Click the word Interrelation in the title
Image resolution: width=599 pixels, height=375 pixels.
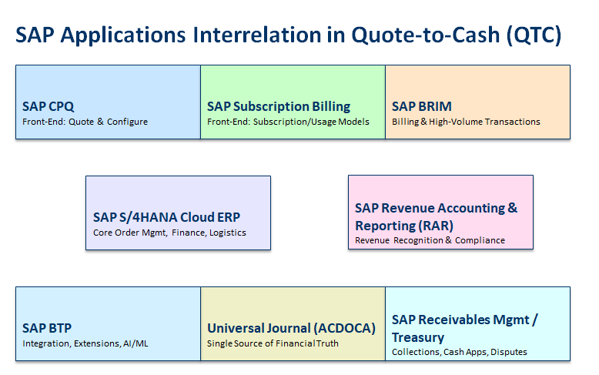point(257,35)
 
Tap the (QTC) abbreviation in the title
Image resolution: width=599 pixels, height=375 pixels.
point(534,35)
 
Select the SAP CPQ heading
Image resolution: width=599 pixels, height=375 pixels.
point(49,106)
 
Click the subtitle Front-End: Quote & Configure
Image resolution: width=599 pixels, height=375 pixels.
point(85,122)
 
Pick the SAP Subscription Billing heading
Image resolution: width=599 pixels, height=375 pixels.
point(279,106)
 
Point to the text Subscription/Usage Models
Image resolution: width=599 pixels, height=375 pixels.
point(311,122)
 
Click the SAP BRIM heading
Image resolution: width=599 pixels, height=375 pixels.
point(422,106)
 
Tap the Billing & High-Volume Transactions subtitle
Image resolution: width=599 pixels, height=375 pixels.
point(466,122)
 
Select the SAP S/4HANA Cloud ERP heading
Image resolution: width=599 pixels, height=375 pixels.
point(166,217)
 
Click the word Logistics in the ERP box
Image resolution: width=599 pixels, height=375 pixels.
point(228,233)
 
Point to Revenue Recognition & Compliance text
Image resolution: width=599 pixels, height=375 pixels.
point(430,240)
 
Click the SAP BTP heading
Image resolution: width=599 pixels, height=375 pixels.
point(47,328)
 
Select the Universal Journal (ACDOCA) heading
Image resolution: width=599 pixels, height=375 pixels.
point(291,328)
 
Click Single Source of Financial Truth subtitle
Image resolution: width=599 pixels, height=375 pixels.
point(273,343)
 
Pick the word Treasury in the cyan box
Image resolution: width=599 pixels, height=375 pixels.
point(418,338)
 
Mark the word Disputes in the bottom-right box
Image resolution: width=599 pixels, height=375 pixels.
point(509,352)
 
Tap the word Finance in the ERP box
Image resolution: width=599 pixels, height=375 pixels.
point(189,233)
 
